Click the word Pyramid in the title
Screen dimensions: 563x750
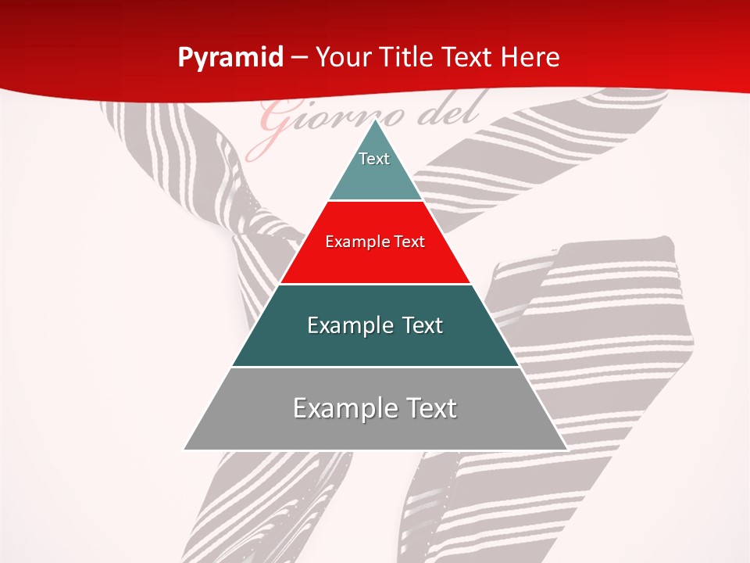pyautogui.click(x=230, y=58)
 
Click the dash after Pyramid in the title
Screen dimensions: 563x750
pyautogui.click(x=299, y=58)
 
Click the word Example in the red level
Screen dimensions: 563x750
pyautogui.click(x=351, y=242)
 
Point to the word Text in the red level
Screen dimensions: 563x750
pyautogui.click(x=410, y=242)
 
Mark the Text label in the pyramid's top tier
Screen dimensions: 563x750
pyautogui.click(x=374, y=159)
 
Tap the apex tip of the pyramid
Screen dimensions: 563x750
pyautogui.click(x=375, y=120)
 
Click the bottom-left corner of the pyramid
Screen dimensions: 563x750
pyautogui.click(x=184, y=449)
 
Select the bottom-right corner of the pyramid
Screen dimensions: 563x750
pyautogui.click(x=566, y=449)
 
